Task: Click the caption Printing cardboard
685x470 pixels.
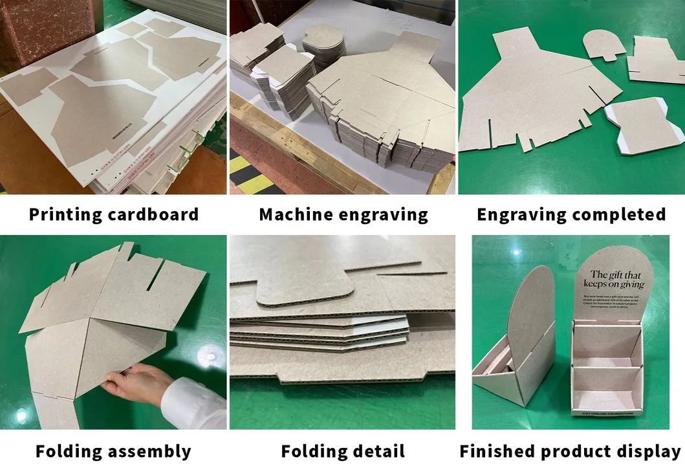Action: (x=113, y=214)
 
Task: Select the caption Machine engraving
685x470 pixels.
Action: (x=343, y=214)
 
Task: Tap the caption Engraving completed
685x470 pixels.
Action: (x=571, y=214)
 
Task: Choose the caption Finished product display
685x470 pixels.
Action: (x=571, y=451)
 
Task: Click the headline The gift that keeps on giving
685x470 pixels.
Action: (x=614, y=279)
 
